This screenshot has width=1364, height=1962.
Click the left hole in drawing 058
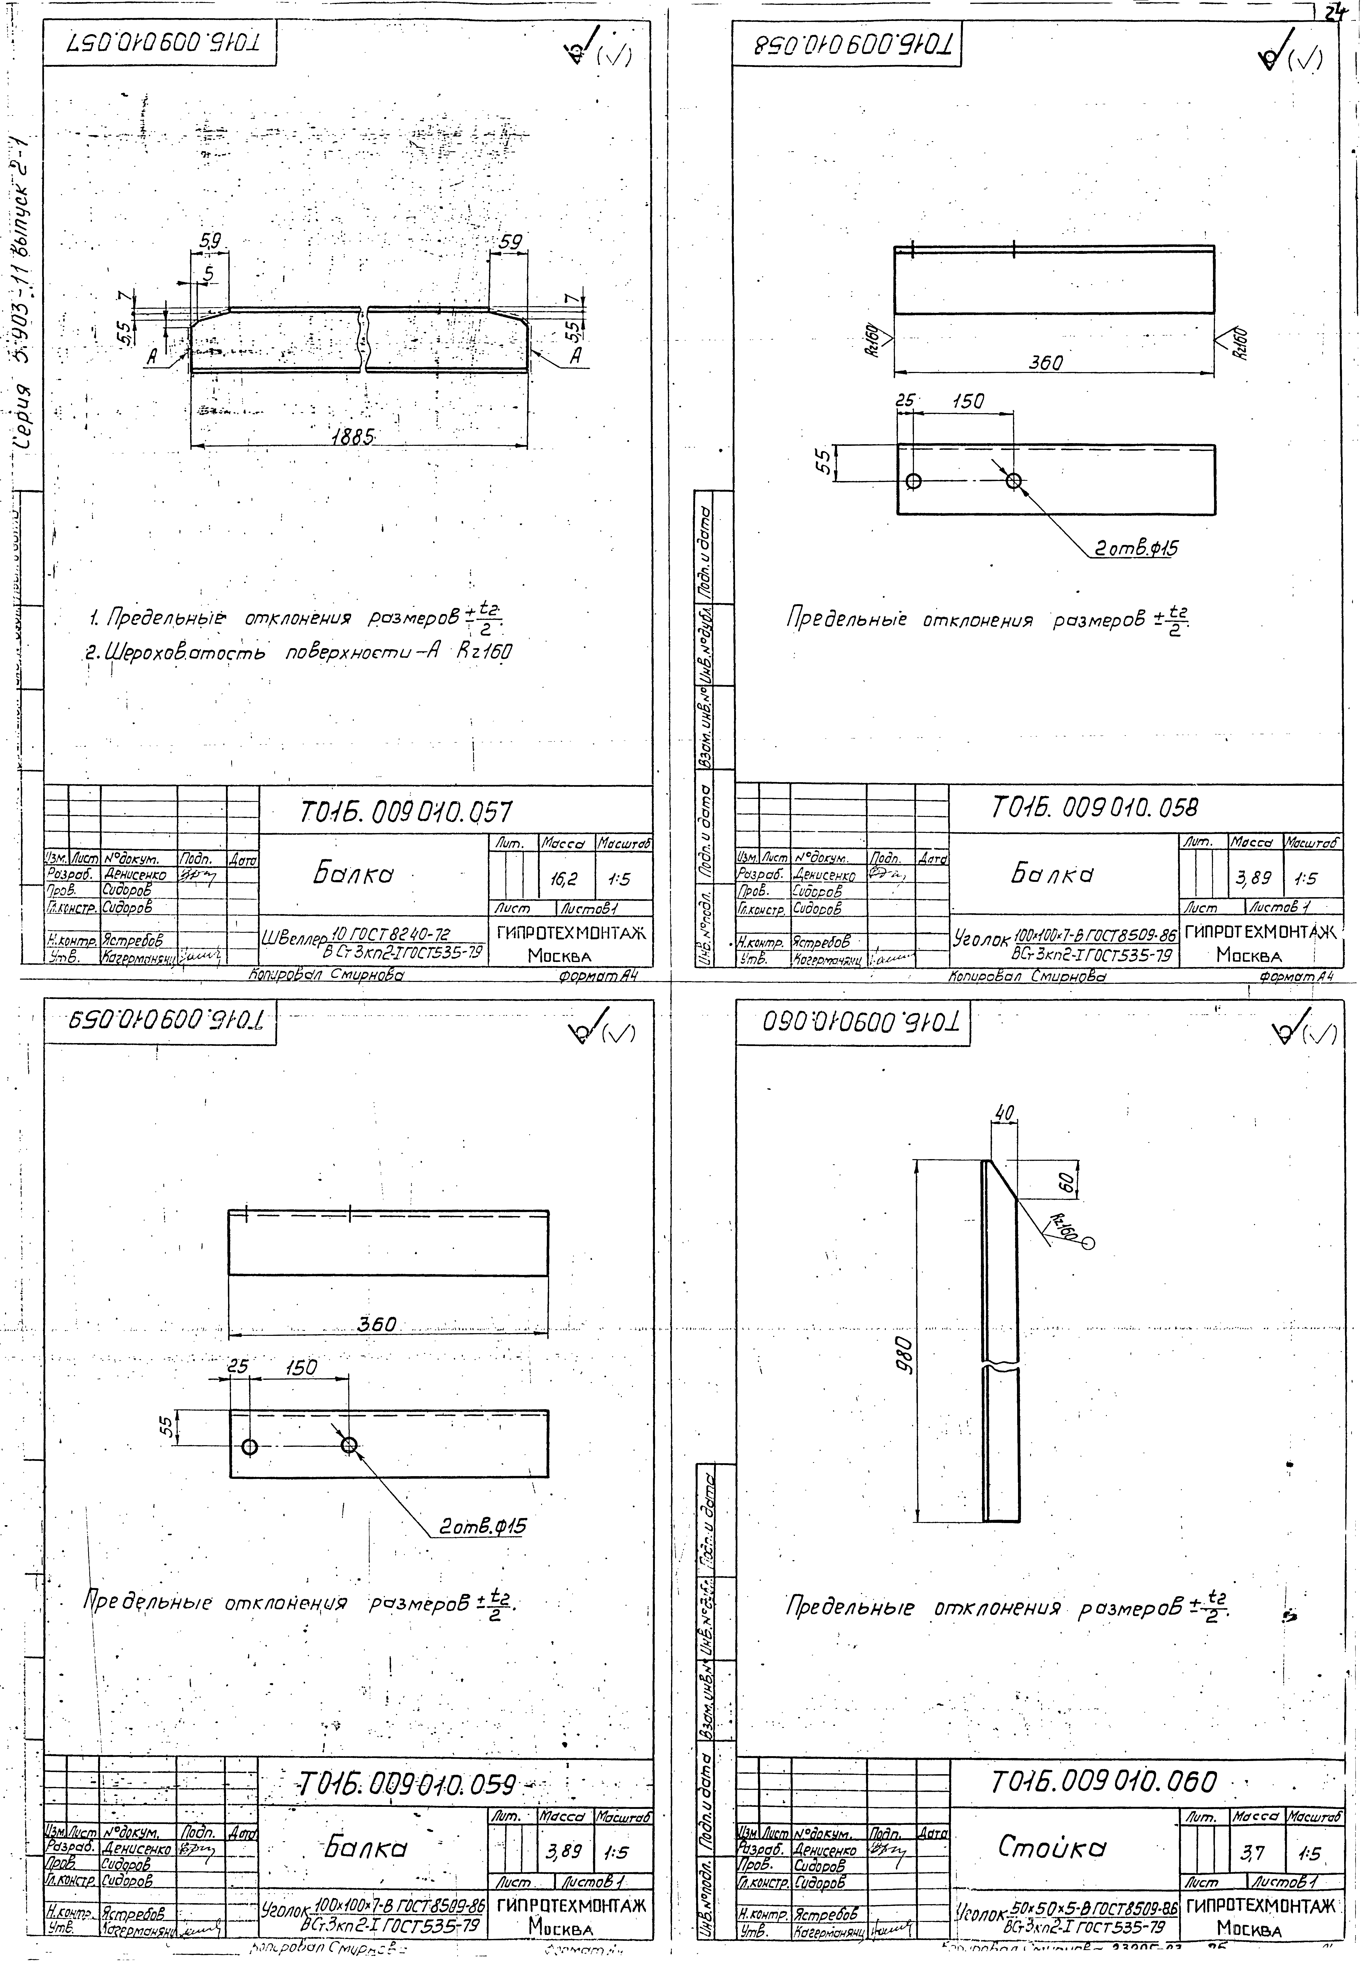(x=914, y=481)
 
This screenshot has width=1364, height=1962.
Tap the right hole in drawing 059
(x=349, y=1445)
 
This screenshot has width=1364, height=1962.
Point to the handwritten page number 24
(x=1334, y=12)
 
